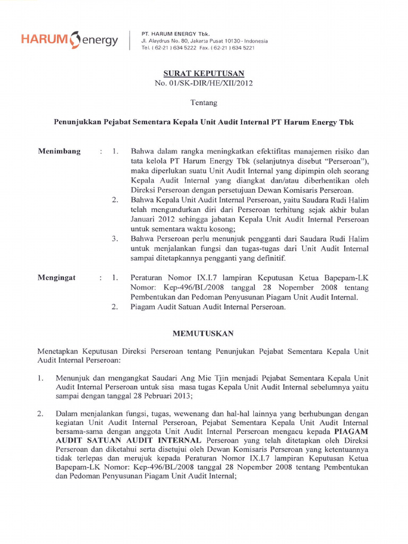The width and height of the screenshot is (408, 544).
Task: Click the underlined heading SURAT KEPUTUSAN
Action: [x=204, y=73]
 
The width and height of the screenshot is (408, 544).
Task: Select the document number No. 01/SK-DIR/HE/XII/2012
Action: [x=204, y=83]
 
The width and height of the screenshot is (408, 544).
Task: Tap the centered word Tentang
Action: [x=204, y=102]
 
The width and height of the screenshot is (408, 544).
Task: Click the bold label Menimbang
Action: [x=59, y=151]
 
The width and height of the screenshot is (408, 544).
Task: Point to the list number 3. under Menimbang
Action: [x=115, y=239]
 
